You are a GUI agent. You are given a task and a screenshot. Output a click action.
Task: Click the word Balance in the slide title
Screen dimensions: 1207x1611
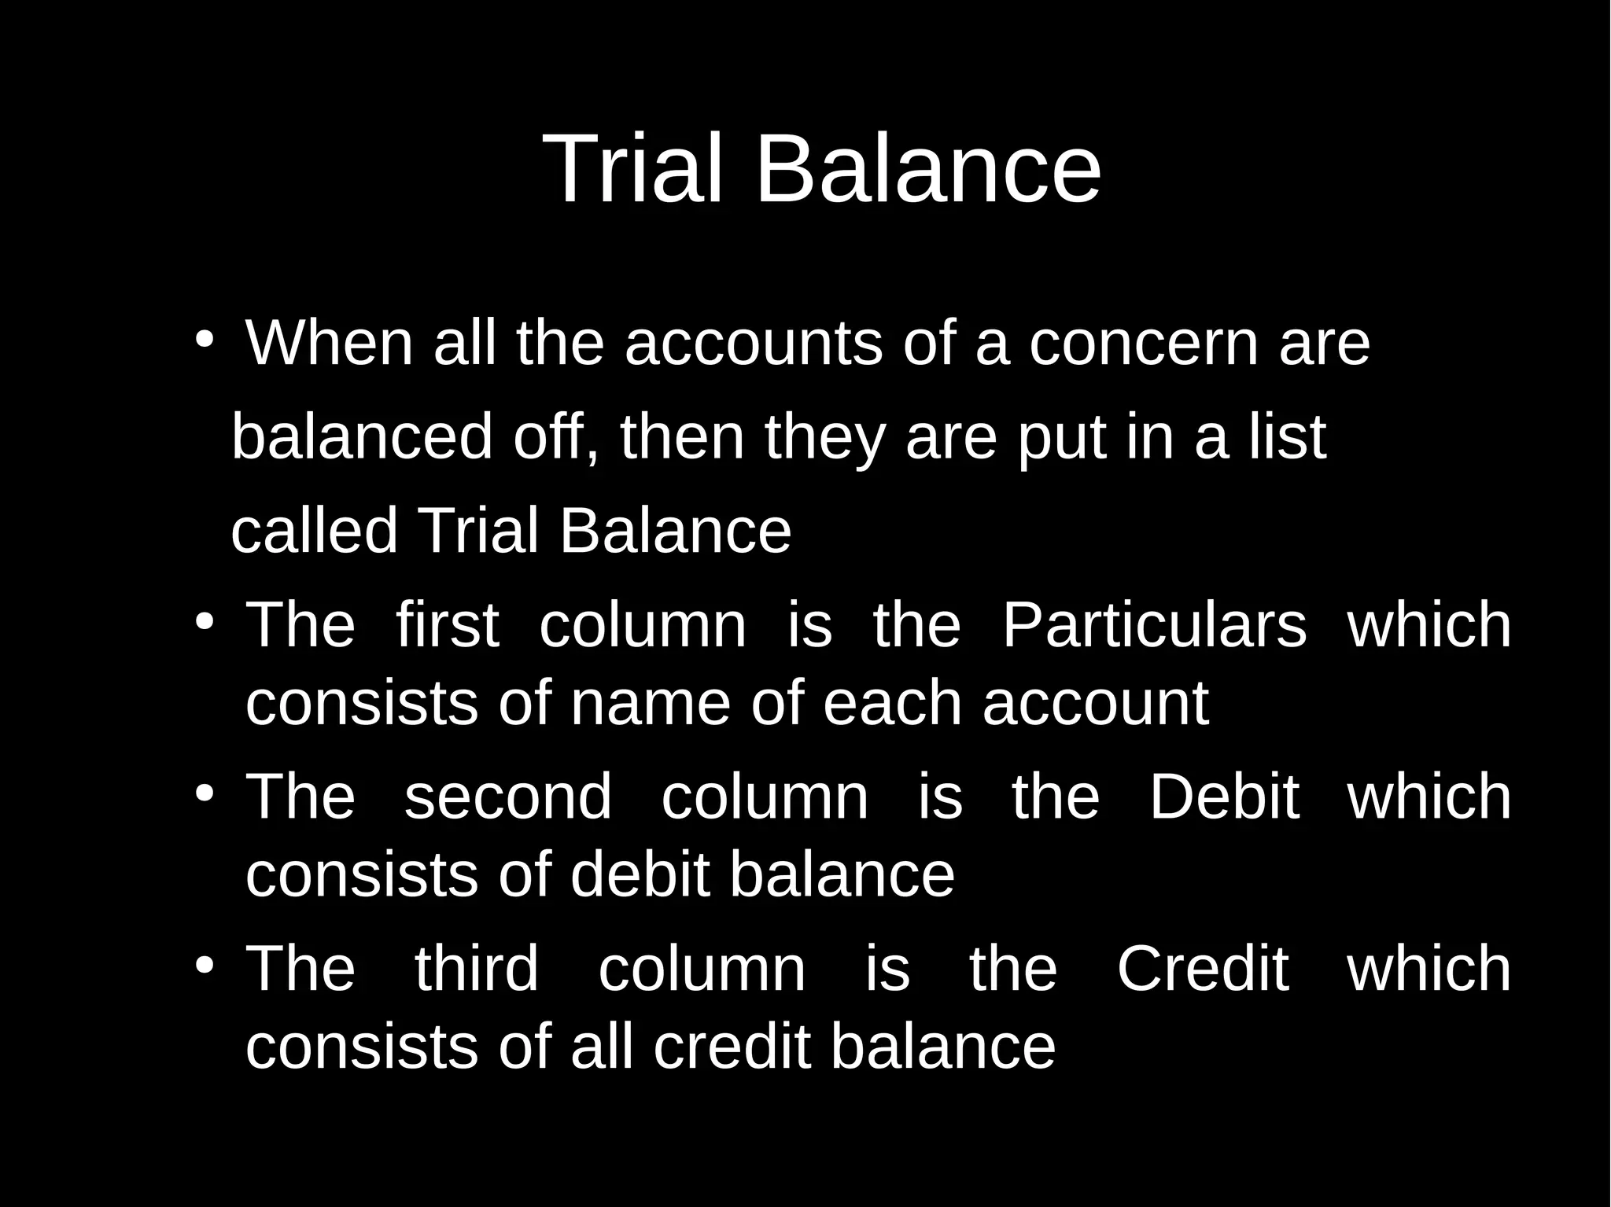click(x=927, y=169)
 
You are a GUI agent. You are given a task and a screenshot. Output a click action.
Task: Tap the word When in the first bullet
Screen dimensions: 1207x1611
click(x=329, y=344)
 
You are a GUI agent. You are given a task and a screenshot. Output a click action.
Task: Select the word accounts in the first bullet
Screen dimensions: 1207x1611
click(x=753, y=344)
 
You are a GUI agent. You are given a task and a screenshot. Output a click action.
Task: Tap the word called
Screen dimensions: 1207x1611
click(x=314, y=531)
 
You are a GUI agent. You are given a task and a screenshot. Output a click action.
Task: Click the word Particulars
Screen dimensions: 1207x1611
click(x=1154, y=625)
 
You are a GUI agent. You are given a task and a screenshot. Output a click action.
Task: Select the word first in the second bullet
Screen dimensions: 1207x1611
click(x=447, y=625)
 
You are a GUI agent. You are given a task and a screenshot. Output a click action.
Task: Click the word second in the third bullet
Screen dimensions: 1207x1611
click(x=507, y=797)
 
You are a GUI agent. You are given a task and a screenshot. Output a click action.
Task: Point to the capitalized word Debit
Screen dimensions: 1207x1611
click(x=1223, y=797)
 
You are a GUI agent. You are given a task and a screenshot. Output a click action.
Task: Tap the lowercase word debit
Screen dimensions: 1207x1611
click(x=640, y=874)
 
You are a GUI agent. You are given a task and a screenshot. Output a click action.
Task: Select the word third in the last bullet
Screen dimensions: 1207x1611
click(x=476, y=969)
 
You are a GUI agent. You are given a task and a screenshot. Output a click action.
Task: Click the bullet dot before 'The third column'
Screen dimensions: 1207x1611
click(x=205, y=964)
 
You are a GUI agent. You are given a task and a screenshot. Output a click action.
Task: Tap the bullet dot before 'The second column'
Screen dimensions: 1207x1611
click(x=205, y=793)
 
